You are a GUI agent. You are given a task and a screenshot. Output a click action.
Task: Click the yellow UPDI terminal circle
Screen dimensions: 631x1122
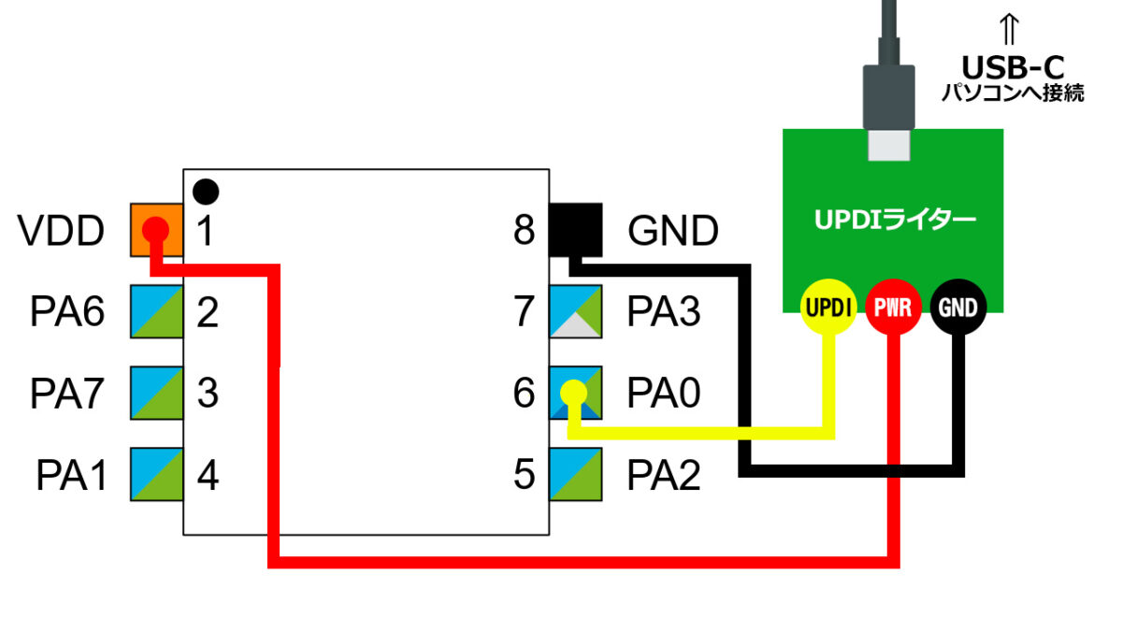[x=828, y=307]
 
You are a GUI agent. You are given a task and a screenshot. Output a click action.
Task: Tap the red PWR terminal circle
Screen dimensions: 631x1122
[x=894, y=307]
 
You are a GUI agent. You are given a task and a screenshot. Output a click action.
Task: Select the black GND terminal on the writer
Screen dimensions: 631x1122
[x=958, y=307]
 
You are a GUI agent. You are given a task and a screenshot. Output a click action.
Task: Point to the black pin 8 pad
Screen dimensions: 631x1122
[x=576, y=229]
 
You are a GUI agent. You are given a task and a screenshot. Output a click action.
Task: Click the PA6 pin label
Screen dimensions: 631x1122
[x=68, y=311]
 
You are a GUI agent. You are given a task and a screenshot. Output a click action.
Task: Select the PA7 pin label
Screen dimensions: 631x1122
[x=68, y=393]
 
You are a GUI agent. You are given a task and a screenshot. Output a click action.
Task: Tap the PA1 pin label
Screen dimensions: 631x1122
[x=71, y=475]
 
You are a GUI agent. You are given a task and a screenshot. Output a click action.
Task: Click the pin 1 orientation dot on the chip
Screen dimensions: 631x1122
[x=206, y=192]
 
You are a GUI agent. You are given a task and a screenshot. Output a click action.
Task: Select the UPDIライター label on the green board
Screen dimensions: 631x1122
[x=893, y=221]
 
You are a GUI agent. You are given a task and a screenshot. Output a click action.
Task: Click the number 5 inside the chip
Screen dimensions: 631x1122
[x=525, y=475]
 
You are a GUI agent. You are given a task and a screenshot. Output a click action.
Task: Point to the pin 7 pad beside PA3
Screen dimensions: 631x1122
[x=576, y=311]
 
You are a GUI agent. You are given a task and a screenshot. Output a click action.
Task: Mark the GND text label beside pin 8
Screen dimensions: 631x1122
[x=673, y=230]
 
